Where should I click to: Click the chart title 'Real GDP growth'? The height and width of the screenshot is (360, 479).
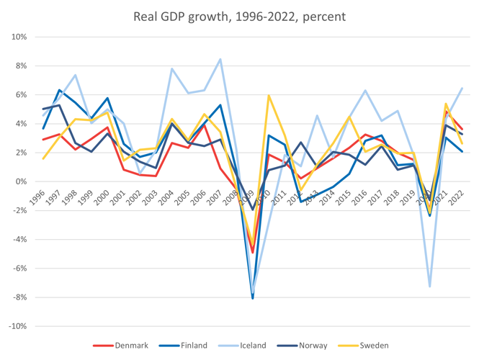pos(239,16)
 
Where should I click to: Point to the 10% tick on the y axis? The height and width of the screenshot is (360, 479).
pos(19,37)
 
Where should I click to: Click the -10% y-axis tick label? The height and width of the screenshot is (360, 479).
pos(17,326)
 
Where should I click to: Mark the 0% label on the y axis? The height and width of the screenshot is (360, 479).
pos(21,181)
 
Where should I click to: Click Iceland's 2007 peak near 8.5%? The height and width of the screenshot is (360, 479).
pos(220,59)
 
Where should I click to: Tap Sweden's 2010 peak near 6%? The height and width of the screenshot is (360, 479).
pos(269,95)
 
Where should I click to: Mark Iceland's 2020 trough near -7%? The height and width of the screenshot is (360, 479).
pos(430,287)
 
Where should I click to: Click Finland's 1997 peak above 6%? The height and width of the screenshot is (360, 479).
pos(60,90)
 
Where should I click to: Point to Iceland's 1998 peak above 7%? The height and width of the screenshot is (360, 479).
pos(76,75)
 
